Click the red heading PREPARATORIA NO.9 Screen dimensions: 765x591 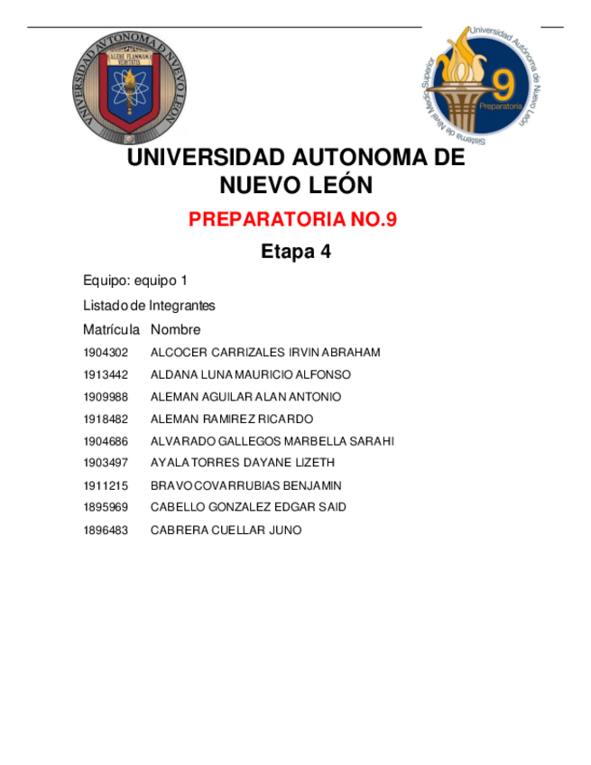(293, 219)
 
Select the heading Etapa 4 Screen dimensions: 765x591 (296, 253)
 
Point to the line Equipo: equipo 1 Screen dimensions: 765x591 (135, 281)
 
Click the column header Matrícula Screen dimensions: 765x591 (111, 330)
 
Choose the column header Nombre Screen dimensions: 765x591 (176, 330)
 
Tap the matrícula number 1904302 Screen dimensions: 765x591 (106, 353)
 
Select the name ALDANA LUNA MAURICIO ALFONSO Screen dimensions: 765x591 (251, 374)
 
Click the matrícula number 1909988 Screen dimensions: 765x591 (106, 397)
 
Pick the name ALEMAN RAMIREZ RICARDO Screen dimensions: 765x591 (232, 419)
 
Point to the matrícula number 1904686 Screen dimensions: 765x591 (106, 441)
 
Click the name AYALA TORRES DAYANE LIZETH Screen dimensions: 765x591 (243, 463)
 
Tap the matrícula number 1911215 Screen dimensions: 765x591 (106, 485)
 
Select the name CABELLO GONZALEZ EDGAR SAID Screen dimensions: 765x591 (248, 507)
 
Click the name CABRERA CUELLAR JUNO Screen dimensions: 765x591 (226, 530)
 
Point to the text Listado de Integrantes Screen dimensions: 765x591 (149, 306)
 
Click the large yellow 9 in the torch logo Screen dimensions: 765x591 (503, 87)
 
